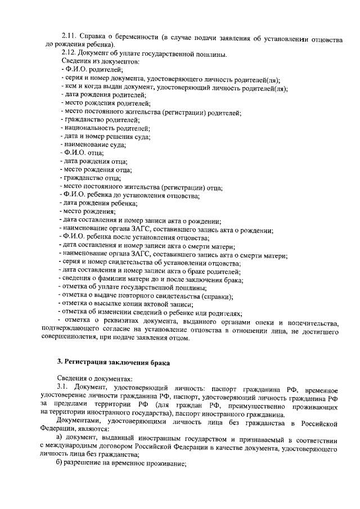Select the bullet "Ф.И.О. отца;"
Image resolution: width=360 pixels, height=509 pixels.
tap(82, 152)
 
